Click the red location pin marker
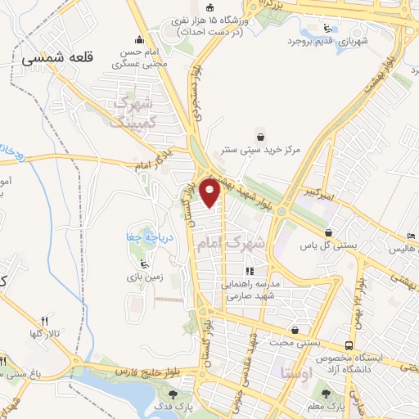click(211, 192)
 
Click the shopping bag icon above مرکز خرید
click(260, 136)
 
